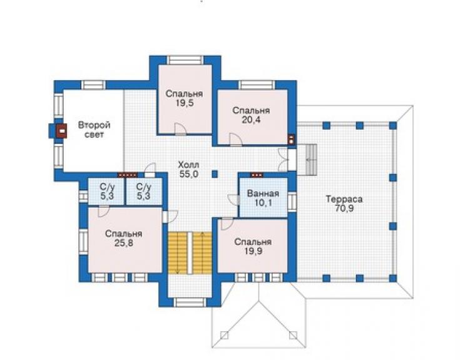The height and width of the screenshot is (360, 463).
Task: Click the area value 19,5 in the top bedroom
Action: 184,103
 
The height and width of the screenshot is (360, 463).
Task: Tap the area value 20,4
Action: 251,120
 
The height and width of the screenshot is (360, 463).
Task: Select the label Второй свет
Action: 94,130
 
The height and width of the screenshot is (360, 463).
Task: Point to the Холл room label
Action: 189,164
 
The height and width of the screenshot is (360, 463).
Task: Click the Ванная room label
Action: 263,193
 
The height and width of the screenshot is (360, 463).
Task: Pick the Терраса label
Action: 344,199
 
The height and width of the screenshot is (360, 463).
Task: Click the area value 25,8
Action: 124,244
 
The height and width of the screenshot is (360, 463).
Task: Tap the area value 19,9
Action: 253,251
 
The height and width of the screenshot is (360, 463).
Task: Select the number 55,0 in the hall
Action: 189,174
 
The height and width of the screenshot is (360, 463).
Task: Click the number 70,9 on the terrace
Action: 344,208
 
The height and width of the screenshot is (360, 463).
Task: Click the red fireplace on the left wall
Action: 61,131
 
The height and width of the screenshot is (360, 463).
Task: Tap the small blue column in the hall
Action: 215,174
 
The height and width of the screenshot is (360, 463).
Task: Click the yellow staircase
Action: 190,253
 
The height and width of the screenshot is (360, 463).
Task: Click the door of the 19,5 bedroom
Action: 180,129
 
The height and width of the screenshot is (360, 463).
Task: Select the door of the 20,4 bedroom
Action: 236,140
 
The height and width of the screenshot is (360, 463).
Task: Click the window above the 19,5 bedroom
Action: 185,60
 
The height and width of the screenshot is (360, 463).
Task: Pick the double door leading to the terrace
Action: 283,160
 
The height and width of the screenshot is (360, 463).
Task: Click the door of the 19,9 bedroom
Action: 227,224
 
